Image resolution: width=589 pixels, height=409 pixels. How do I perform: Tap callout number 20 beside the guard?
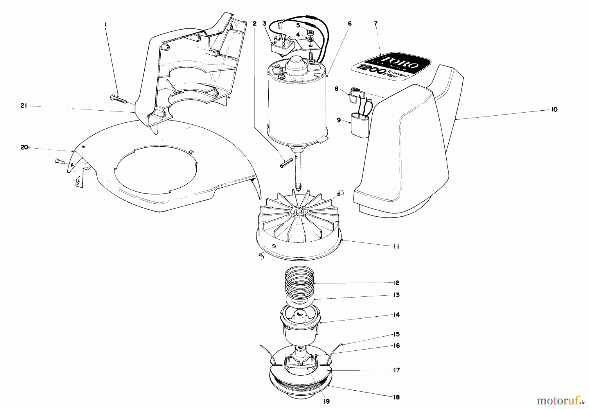24,147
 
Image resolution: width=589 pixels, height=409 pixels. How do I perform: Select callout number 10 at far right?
554,110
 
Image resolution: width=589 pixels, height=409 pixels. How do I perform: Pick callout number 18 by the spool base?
396,397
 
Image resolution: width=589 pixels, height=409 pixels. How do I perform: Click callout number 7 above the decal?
376,24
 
